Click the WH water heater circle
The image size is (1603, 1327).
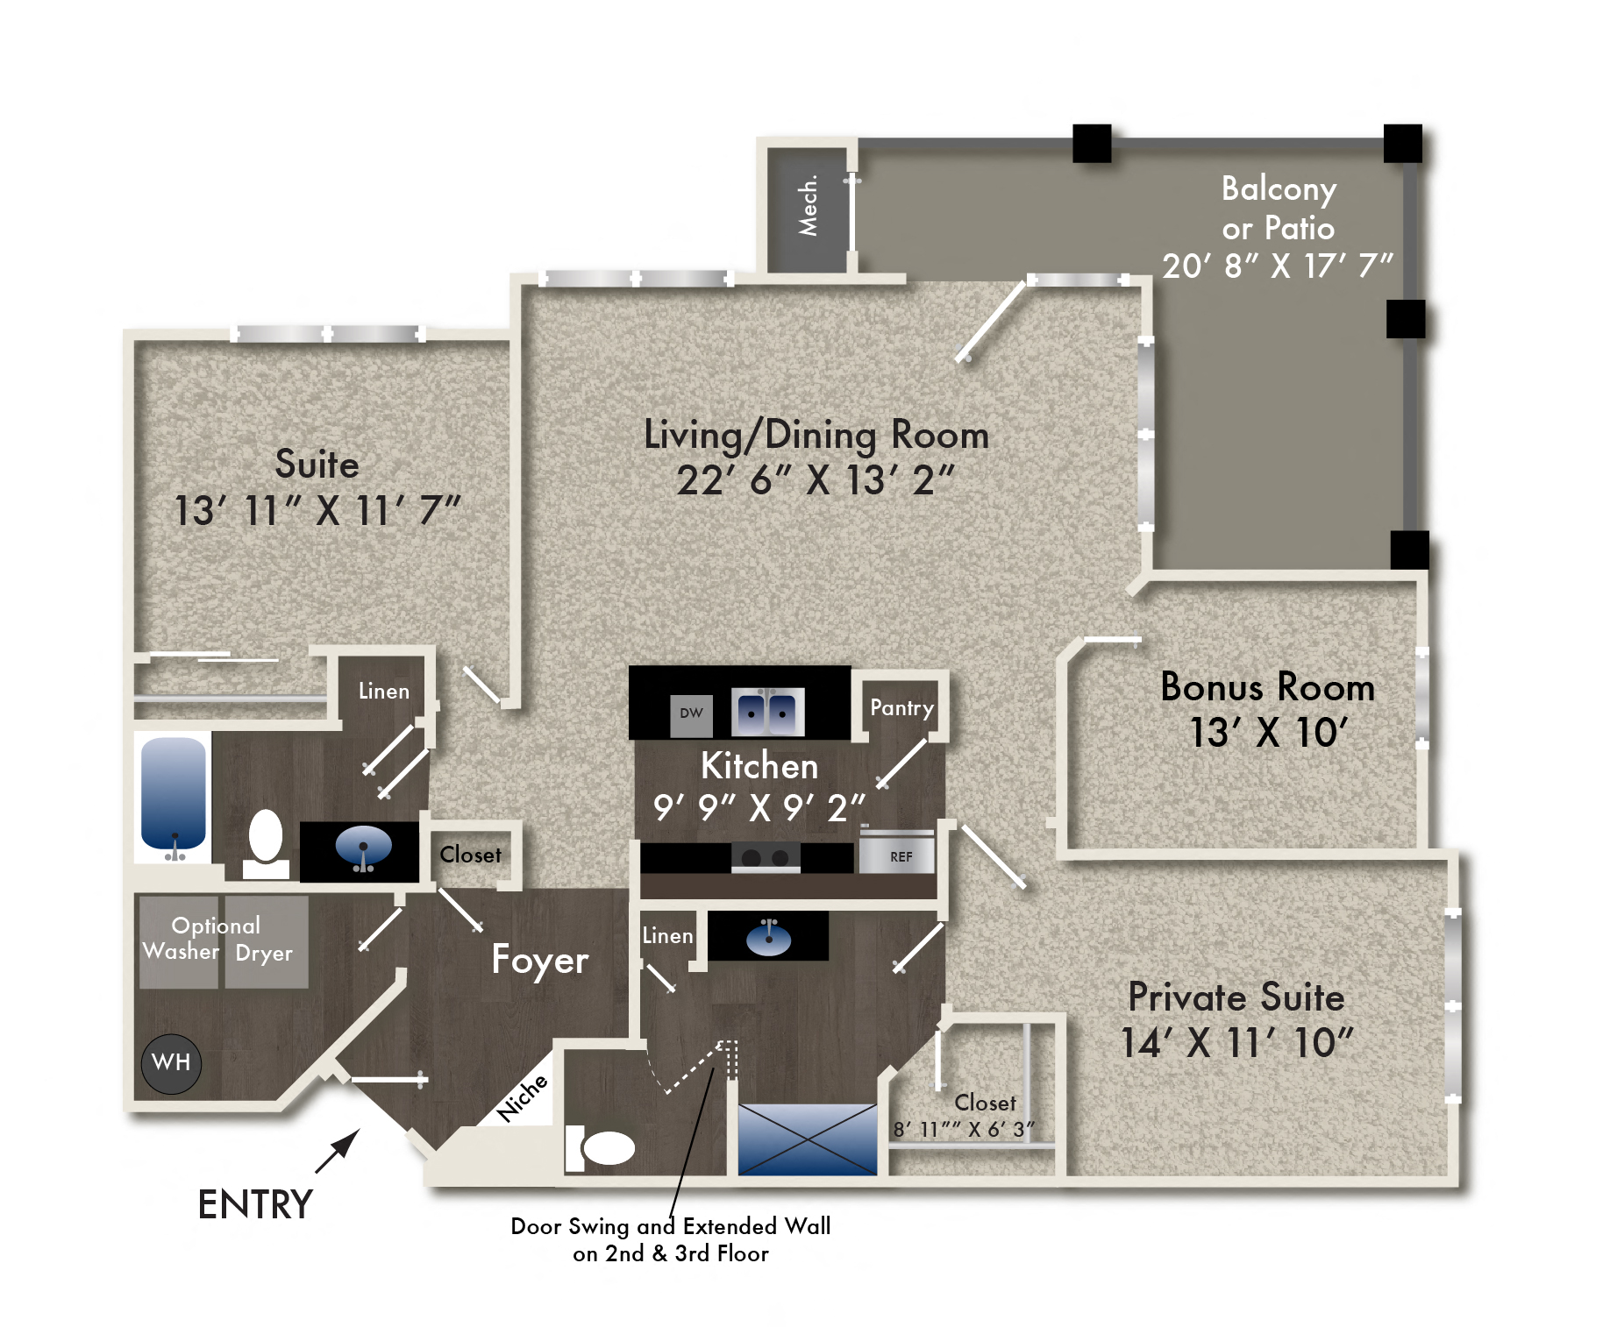[171, 1063]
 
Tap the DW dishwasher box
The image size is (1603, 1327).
[691, 713]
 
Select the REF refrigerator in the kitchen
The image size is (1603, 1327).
[898, 855]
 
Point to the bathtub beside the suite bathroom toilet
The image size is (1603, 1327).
[174, 794]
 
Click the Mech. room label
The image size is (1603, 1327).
[808, 207]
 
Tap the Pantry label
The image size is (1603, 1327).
[901, 708]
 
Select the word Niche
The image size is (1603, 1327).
[522, 1097]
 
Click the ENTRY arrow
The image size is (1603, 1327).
[338, 1151]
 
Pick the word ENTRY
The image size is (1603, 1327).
[255, 1205]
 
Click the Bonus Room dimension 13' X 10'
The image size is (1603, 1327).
[1267, 733]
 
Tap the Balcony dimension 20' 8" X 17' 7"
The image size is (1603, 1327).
[1277, 266]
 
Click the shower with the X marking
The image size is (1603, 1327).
[807, 1139]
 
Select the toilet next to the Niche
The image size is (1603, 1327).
[605, 1147]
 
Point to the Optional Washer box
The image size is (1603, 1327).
[180, 943]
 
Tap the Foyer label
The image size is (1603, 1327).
[539, 960]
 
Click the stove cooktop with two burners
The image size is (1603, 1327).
[766, 857]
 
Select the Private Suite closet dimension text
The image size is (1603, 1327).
[963, 1130]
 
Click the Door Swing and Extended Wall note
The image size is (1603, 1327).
[671, 1238]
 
